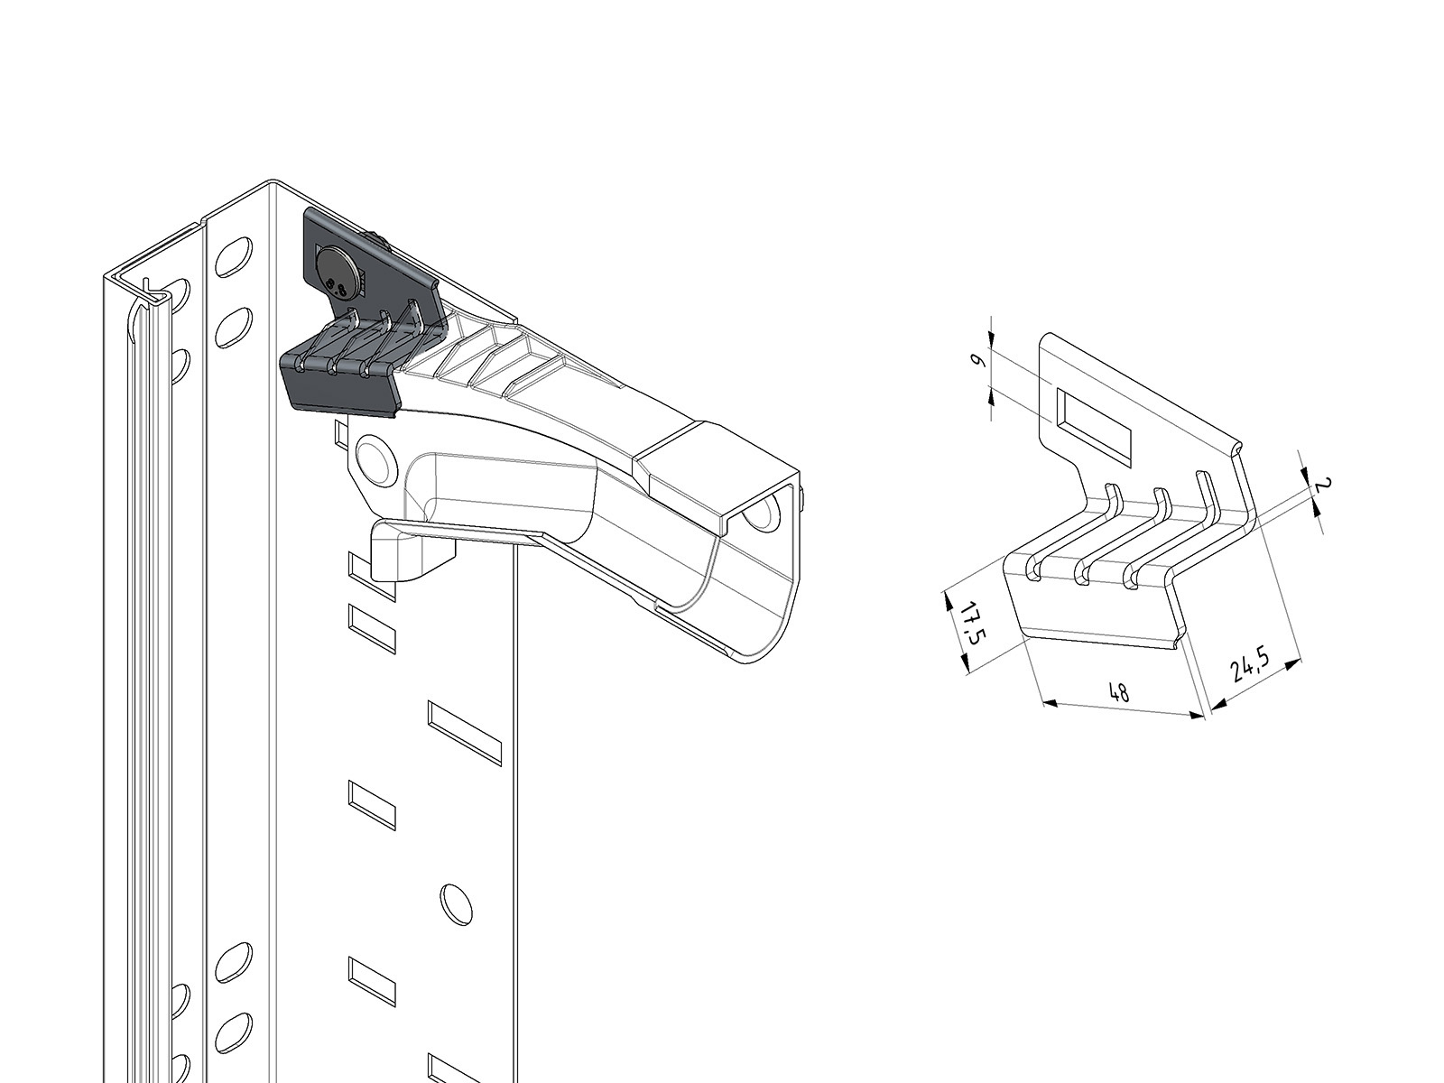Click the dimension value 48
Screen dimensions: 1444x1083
1118,692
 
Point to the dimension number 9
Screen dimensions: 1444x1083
977,362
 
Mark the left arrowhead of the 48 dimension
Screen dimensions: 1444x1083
1051,704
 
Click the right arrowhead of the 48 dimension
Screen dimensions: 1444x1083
1195,715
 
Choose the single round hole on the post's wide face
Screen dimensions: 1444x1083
457,905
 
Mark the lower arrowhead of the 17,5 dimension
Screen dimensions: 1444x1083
965,664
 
